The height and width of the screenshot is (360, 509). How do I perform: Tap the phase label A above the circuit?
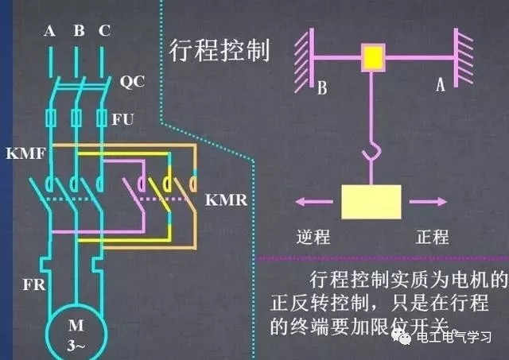coord(49,31)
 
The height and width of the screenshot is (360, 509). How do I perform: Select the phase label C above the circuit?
coord(105,31)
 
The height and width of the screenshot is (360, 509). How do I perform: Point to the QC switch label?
coord(132,81)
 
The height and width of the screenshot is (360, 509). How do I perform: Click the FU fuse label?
coord(132,119)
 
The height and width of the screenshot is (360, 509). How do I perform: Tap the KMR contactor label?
coord(227,199)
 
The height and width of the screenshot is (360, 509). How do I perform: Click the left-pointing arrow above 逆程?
coord(311,202)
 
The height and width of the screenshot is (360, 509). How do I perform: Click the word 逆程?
coord(312,237)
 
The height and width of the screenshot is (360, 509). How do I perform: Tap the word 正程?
coord(433,237)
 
